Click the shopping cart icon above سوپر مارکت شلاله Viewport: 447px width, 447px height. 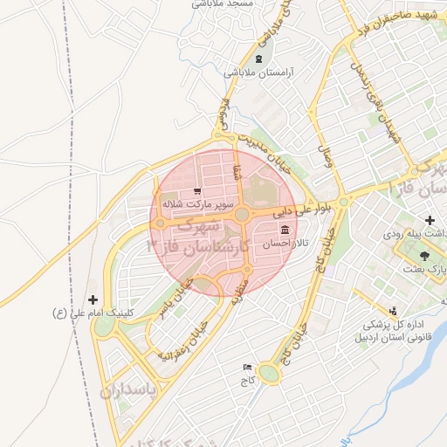coord(196,190)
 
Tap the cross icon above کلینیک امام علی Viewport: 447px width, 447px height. coord(93,299)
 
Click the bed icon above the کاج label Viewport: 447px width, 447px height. coord(247,367)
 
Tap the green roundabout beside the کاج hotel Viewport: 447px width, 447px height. coord(270,374)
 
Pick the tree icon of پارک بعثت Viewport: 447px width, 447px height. coord(425,255)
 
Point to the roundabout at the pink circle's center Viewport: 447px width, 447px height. coord(240,213)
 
